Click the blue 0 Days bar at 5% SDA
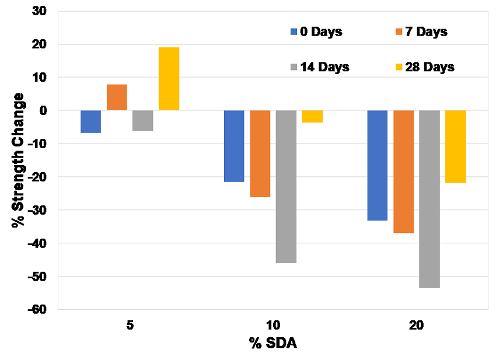click(90, 121)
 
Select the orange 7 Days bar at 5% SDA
click(117, 97)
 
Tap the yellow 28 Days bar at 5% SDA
click(169, 79)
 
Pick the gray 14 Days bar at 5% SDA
click(142, 120)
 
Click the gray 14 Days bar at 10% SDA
click(286, 186)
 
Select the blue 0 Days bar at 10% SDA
click(234, 146)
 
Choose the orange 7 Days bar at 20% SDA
click(403, 172)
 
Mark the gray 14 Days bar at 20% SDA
click(429, 199)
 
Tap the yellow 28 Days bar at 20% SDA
click(455, 146)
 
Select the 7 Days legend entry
click(420, 32)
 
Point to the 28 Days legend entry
click(424, 67)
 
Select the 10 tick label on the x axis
click(273, 326)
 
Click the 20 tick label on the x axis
click(416, 326)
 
